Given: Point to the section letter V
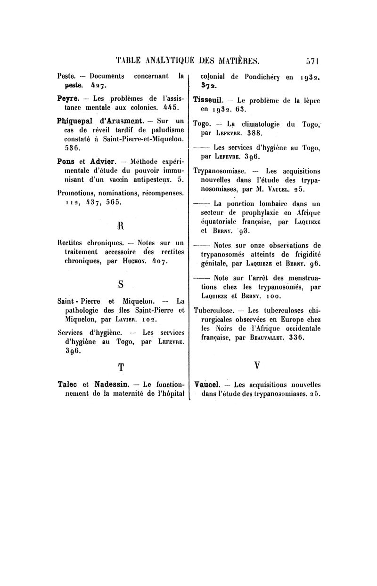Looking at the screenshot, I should point(257,365).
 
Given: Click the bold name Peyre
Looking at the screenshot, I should point(68,98).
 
